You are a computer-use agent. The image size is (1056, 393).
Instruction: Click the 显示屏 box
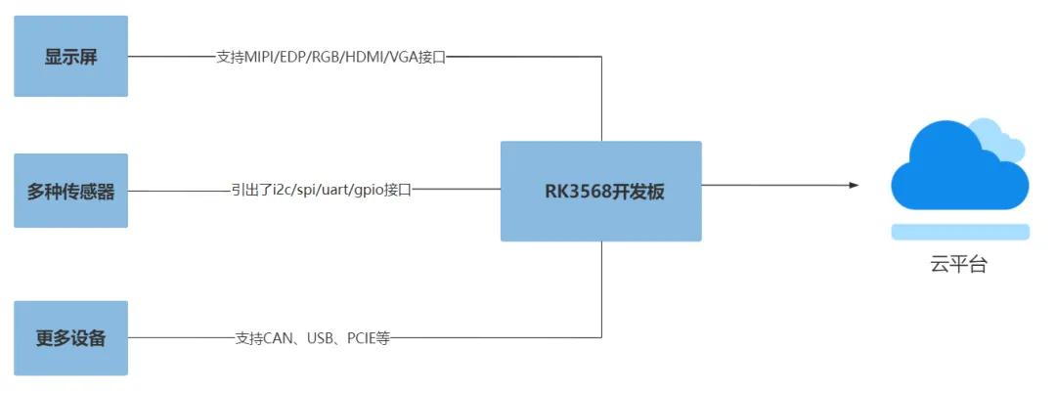(70, 56)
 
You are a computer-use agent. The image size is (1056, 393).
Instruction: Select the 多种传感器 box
(70, 191)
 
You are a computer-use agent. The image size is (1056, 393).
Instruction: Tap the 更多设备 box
(70, 338)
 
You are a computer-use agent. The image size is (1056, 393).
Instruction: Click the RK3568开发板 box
(600, 191)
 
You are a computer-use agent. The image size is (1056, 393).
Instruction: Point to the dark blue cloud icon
(953, 171)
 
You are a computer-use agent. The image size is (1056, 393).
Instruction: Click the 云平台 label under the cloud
(958, 264)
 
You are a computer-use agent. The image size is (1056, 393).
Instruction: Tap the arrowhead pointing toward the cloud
(854, 185)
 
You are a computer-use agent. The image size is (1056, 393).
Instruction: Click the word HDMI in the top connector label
(358, 57)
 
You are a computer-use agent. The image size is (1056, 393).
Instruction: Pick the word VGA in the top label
(400, 57)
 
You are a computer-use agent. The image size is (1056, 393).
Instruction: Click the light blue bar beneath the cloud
(960, 232)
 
